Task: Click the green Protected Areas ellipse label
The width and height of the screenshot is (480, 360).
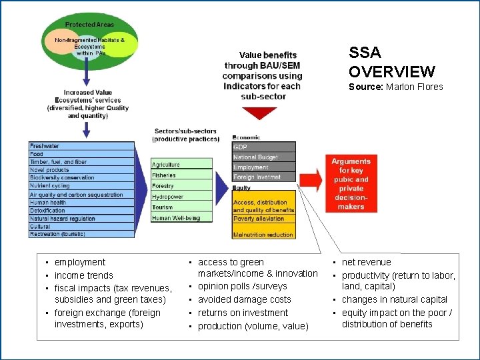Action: coord(89,25)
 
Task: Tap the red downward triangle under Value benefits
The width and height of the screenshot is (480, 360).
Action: coord(260,113)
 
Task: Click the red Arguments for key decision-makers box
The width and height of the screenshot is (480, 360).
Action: coord(351,184)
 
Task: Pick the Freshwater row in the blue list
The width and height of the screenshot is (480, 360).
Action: coord(81,146)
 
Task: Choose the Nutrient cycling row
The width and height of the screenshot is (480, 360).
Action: coord(81,187)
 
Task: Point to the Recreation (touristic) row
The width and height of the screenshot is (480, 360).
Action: coord(81,234)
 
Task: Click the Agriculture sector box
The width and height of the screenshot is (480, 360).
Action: coord(181,164)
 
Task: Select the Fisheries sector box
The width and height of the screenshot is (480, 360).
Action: coord(181,175)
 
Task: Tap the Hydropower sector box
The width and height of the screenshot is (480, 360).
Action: coord(181,197)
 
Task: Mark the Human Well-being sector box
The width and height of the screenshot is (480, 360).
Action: coord(181,218)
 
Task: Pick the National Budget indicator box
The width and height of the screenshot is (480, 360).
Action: coord(263,157)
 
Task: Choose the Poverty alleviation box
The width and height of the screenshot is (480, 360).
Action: coord(263,219)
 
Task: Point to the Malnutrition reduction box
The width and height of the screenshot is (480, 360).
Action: coord(263,235)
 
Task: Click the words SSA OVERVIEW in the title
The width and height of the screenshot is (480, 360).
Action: coord(391,63)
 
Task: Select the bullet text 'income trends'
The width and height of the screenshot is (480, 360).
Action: coord(84,275)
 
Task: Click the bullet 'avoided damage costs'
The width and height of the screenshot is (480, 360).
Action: coord(245,299)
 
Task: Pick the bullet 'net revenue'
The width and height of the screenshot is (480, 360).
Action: coord(366,263)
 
